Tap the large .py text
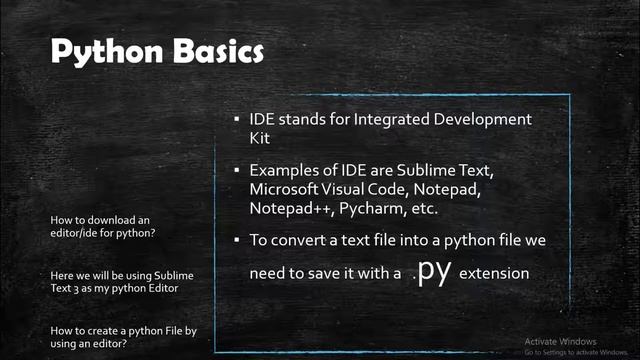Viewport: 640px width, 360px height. pos(432,271)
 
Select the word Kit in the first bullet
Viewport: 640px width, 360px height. pos(260,139)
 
